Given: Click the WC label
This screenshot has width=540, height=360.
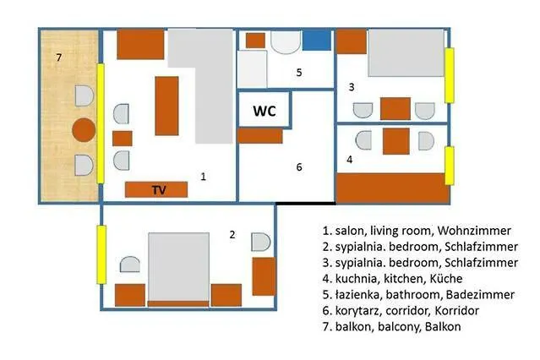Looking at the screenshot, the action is [x=265, y=111].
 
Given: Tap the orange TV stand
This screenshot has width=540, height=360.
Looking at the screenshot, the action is [x=156, y=189].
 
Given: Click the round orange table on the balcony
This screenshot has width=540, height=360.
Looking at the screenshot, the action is [x=84, y=130].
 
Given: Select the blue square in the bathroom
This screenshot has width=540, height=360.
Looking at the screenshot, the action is [x=317, y=41].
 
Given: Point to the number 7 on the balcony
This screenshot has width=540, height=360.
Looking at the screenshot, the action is [x=59, y=57].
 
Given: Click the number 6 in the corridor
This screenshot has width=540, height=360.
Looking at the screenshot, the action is [x=299, y=167].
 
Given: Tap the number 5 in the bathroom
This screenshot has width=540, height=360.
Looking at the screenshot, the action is [x=299, y=73].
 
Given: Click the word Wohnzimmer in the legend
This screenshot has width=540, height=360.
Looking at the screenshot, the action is [x=474, y=231].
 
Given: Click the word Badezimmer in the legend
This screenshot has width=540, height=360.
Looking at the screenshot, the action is [x=480, y=295].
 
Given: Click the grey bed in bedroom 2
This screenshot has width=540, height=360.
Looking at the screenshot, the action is [x=178, y=267].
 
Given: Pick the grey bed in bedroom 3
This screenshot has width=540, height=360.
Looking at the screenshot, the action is [x=406, y=52].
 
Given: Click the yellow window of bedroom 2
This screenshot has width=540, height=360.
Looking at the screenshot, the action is [x=101, y=254].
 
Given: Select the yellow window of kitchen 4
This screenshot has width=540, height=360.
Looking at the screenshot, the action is [x=450, y=166].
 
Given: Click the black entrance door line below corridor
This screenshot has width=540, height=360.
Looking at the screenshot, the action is [x=305, y=204].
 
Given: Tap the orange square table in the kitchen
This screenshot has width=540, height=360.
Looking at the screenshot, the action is [x=396, y=141].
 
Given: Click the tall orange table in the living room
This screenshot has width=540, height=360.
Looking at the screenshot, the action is [x=166, y=106].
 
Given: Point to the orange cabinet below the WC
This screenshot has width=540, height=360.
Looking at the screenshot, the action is [x=260, y=136].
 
